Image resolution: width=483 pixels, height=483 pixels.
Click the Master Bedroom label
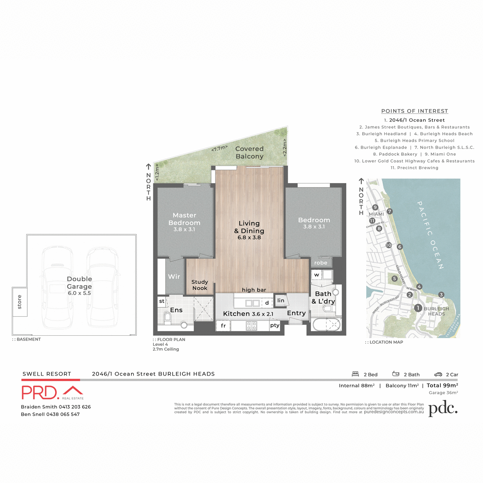[x=184, y=219]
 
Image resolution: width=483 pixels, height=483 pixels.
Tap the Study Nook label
[x=200, y=285]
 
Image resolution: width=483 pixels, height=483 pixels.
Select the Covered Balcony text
[x=250, y=153]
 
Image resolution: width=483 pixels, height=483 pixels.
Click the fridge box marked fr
[x=223, y=326]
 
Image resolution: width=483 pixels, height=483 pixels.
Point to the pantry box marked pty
[x=275, y=325]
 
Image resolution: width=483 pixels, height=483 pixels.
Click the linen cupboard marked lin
[x=281, y=300]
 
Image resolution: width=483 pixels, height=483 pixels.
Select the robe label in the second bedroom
[x=321, y=263]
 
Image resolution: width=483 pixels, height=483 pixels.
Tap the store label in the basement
[x=20, y=302]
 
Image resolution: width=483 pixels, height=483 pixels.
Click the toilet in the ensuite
[x=167, y=318]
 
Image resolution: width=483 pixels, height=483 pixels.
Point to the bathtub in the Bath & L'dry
[x=326, y=325]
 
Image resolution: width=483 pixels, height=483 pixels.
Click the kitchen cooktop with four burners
[x=252, y=326]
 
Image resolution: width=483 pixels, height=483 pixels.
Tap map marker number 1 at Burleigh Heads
[x=418, y=308]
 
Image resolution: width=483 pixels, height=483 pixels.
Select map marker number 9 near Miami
[x=375, y=207]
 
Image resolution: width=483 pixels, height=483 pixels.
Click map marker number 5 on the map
[x=394, y=279]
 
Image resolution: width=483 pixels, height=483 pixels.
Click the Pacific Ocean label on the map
[x=430, y=235]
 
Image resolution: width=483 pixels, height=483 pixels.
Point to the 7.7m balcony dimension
[x=219, y=149]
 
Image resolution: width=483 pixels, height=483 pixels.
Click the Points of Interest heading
[x=415, y=111]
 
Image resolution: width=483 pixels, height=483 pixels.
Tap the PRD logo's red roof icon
[x=73, y=390]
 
